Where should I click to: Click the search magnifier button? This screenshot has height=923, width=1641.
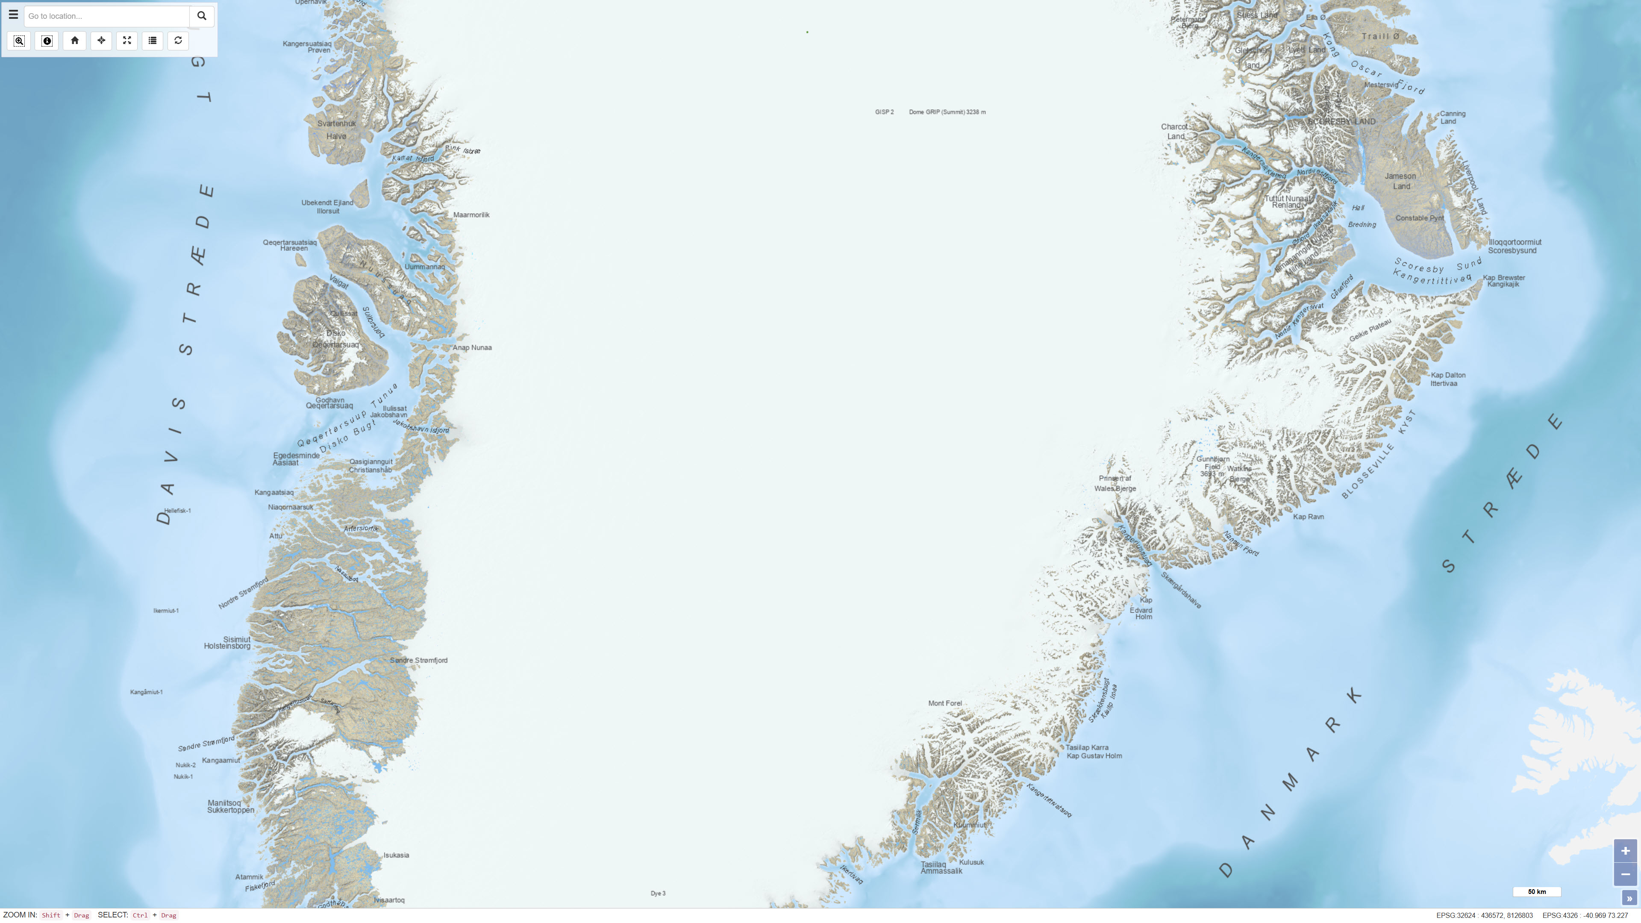[x=201, y=16]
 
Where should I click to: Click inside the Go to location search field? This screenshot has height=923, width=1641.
[x=106, y=16]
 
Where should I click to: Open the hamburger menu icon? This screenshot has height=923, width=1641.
[x=13, y=15]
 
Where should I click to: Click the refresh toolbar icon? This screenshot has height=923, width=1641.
[x=178, y=41]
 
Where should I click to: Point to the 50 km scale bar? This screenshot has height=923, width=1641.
[x=1537, y=892]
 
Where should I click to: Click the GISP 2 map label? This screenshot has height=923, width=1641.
[x=884, y=112]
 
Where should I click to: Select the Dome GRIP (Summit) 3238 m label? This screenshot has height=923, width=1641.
[x=947, y=112]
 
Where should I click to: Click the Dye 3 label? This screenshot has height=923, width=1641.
[x=658, y=894]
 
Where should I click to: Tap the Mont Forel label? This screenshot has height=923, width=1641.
[x=945, y=704]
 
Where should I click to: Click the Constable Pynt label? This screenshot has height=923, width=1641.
[x=1419, y=218]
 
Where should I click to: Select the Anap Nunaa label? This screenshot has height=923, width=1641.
[x=472, y=348]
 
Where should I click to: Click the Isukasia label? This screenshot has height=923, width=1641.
[x=396, y=855]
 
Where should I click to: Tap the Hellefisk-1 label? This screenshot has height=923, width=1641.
[x=177, y=511]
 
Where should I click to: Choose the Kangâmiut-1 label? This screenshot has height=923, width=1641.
[x=147, y=692]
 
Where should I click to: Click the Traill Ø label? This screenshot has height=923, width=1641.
[x=1380, y=36]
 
